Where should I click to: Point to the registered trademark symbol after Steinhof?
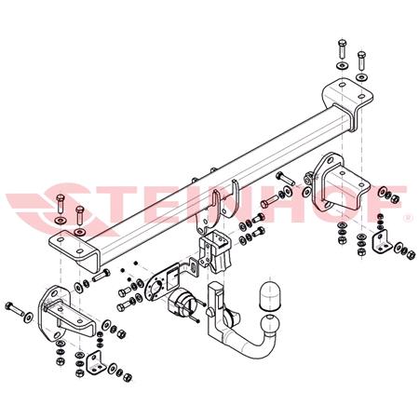[407, 218]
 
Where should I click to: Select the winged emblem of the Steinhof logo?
[37, 204]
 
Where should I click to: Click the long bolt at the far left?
[19, 306]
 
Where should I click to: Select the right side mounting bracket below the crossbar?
[331, 191]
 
